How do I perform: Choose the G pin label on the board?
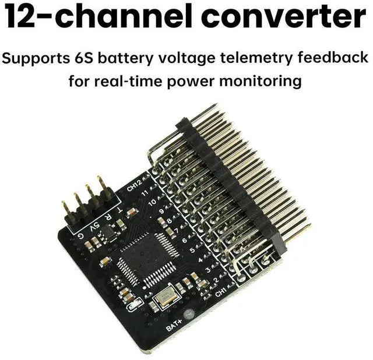click(81, 236)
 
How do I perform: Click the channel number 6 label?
click(184, 239)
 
